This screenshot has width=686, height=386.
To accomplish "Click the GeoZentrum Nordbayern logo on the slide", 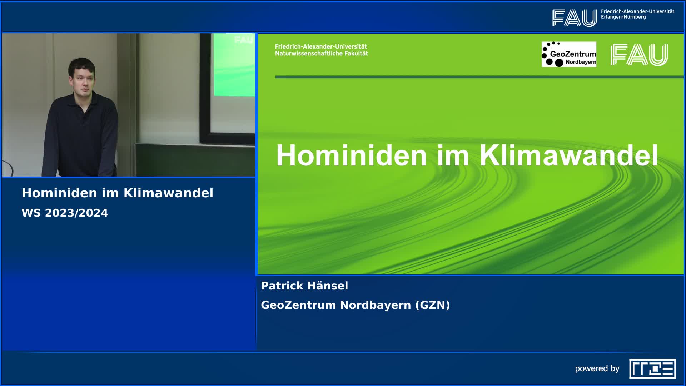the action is [569, 54].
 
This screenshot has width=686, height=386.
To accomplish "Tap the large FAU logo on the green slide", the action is [639, 55].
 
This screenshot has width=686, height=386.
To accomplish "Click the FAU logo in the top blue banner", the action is [574, 18].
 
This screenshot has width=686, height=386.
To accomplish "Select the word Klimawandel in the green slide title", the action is [568, 155].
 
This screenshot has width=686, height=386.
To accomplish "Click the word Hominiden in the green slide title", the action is [351, 155].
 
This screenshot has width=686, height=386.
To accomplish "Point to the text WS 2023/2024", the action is [65, 213].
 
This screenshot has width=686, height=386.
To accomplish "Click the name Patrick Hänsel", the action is [304, 286].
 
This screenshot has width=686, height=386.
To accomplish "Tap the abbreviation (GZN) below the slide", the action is [433, 305].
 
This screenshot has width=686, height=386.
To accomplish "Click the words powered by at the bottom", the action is [597, 369].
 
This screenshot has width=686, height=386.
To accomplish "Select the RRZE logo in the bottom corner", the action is [652, 369].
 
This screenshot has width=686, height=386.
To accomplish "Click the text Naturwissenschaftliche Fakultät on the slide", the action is [321, 53].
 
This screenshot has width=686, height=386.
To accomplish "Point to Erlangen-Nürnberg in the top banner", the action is [623, 17].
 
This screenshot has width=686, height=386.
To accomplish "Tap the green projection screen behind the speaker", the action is [234, 65].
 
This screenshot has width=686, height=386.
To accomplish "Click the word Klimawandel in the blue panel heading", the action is [168, 193].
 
